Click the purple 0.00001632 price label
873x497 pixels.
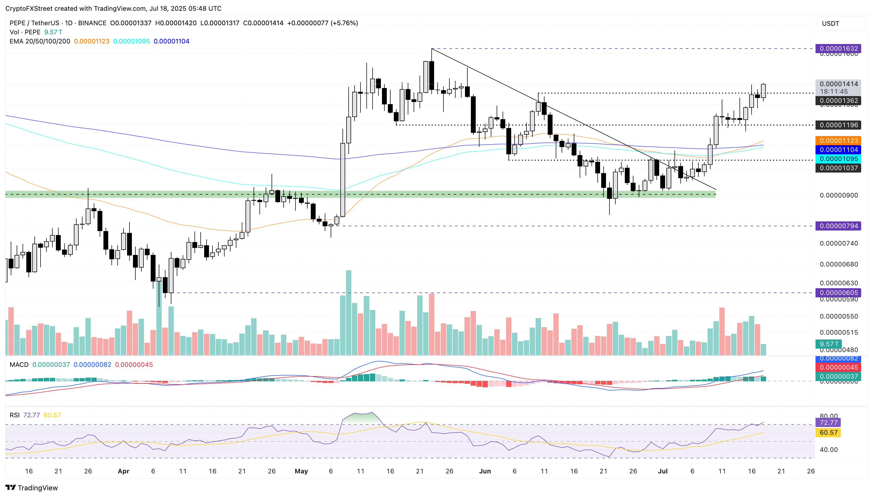(x=838, y=49)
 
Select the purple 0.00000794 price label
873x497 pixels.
(x=838, y=226)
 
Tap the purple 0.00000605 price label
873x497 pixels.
(x=838, y=293)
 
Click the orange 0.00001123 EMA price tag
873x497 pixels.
(x=838, y=141)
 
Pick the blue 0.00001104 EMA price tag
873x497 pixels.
(x=838, y=149)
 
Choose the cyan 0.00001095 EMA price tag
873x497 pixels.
(x=838, y=159)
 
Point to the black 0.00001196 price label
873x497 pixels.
(x=838, y=125)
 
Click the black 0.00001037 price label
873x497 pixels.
(x=838, y=168)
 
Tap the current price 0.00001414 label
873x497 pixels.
(x=838, y=84)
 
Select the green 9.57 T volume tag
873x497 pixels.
(x=829, y=344)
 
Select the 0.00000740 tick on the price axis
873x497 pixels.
(x=838, y=243)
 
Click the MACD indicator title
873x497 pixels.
(x=19, y=364)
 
